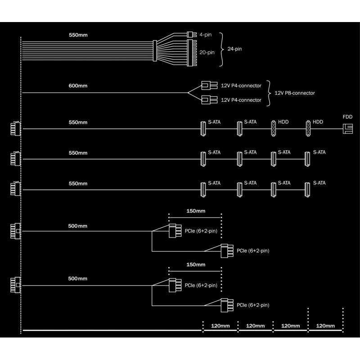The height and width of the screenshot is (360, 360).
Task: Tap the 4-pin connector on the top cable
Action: pyautogui.click(x=190, y=34)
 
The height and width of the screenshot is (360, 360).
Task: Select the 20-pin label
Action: pyautogui.click(x=207, y=52)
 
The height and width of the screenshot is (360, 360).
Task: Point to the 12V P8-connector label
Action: pyautogui.click(x=294, y=93)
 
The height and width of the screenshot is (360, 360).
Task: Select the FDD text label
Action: pyautogui.click(x=347, y=117)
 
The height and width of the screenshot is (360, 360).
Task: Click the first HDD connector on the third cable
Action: pyautogui.click(x=273, y=129)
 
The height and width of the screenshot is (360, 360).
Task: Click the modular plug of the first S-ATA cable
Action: pyautogui.click(x=13, y=129)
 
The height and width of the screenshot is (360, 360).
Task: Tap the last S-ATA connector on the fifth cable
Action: pyautogui.click(x=308, y=189)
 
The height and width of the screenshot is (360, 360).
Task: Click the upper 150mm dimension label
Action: pyautogui.click(x=195, y=210)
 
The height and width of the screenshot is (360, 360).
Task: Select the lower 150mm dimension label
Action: pyautogui.click(x=195, y=265)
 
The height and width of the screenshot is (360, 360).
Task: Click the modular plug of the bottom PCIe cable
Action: pyautogui.click(x=13, y=285)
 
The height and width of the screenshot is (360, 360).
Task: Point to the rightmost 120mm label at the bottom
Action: pyautogui.click(x=325, y=326)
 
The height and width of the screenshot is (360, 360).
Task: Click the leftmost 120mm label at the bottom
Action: pyautogui.click(x=220, y=326)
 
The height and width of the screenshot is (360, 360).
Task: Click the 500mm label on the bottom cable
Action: pyautogui.click(x=78, y=279)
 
